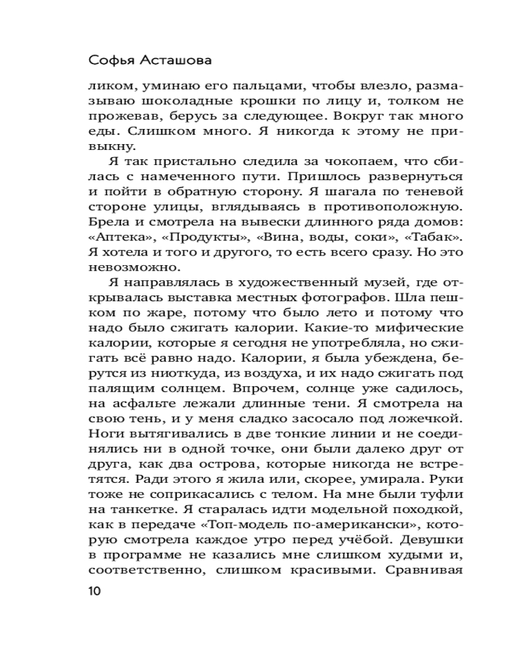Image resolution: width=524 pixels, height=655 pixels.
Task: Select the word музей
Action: (359, 285)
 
